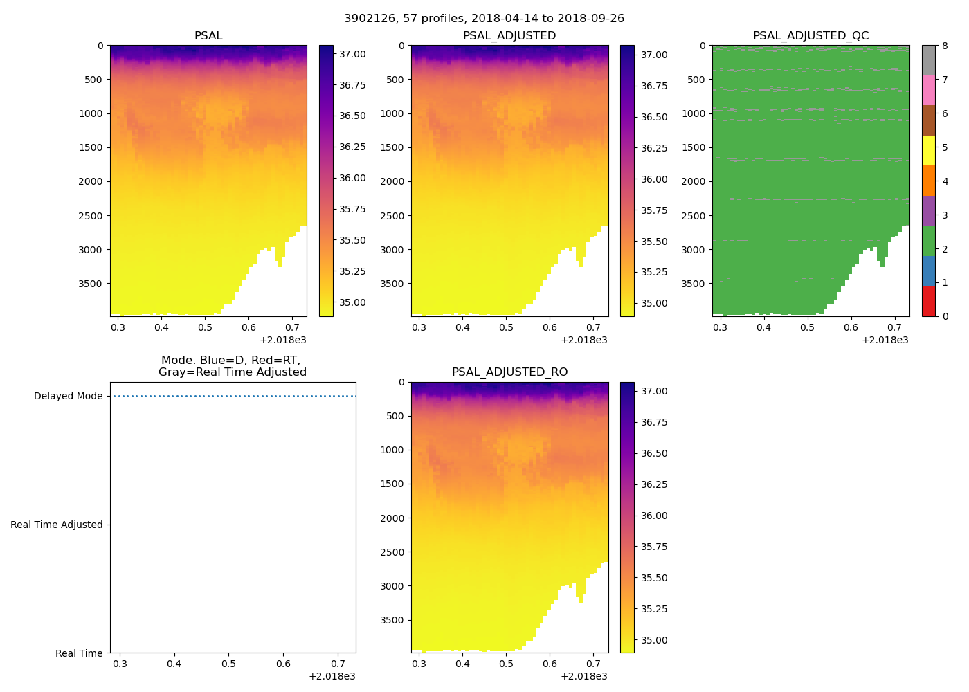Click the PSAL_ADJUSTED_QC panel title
(810, 35)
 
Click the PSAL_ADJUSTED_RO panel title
(509, 372)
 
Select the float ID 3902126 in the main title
(368, 18)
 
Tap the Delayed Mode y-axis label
(68, 396)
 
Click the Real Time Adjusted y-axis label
(56, 525)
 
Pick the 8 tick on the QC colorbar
(945, 46)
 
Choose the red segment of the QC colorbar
(929, 301)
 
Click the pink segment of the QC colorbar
(929, 91)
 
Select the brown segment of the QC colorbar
(929, 120)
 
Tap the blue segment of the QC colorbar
(929, 271)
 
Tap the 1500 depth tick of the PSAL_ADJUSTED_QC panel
(694, 147)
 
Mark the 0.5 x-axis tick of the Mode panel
(228, 664)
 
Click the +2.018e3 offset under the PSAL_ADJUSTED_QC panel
(885, 340)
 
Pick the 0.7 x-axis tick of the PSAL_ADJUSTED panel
(593, 327)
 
